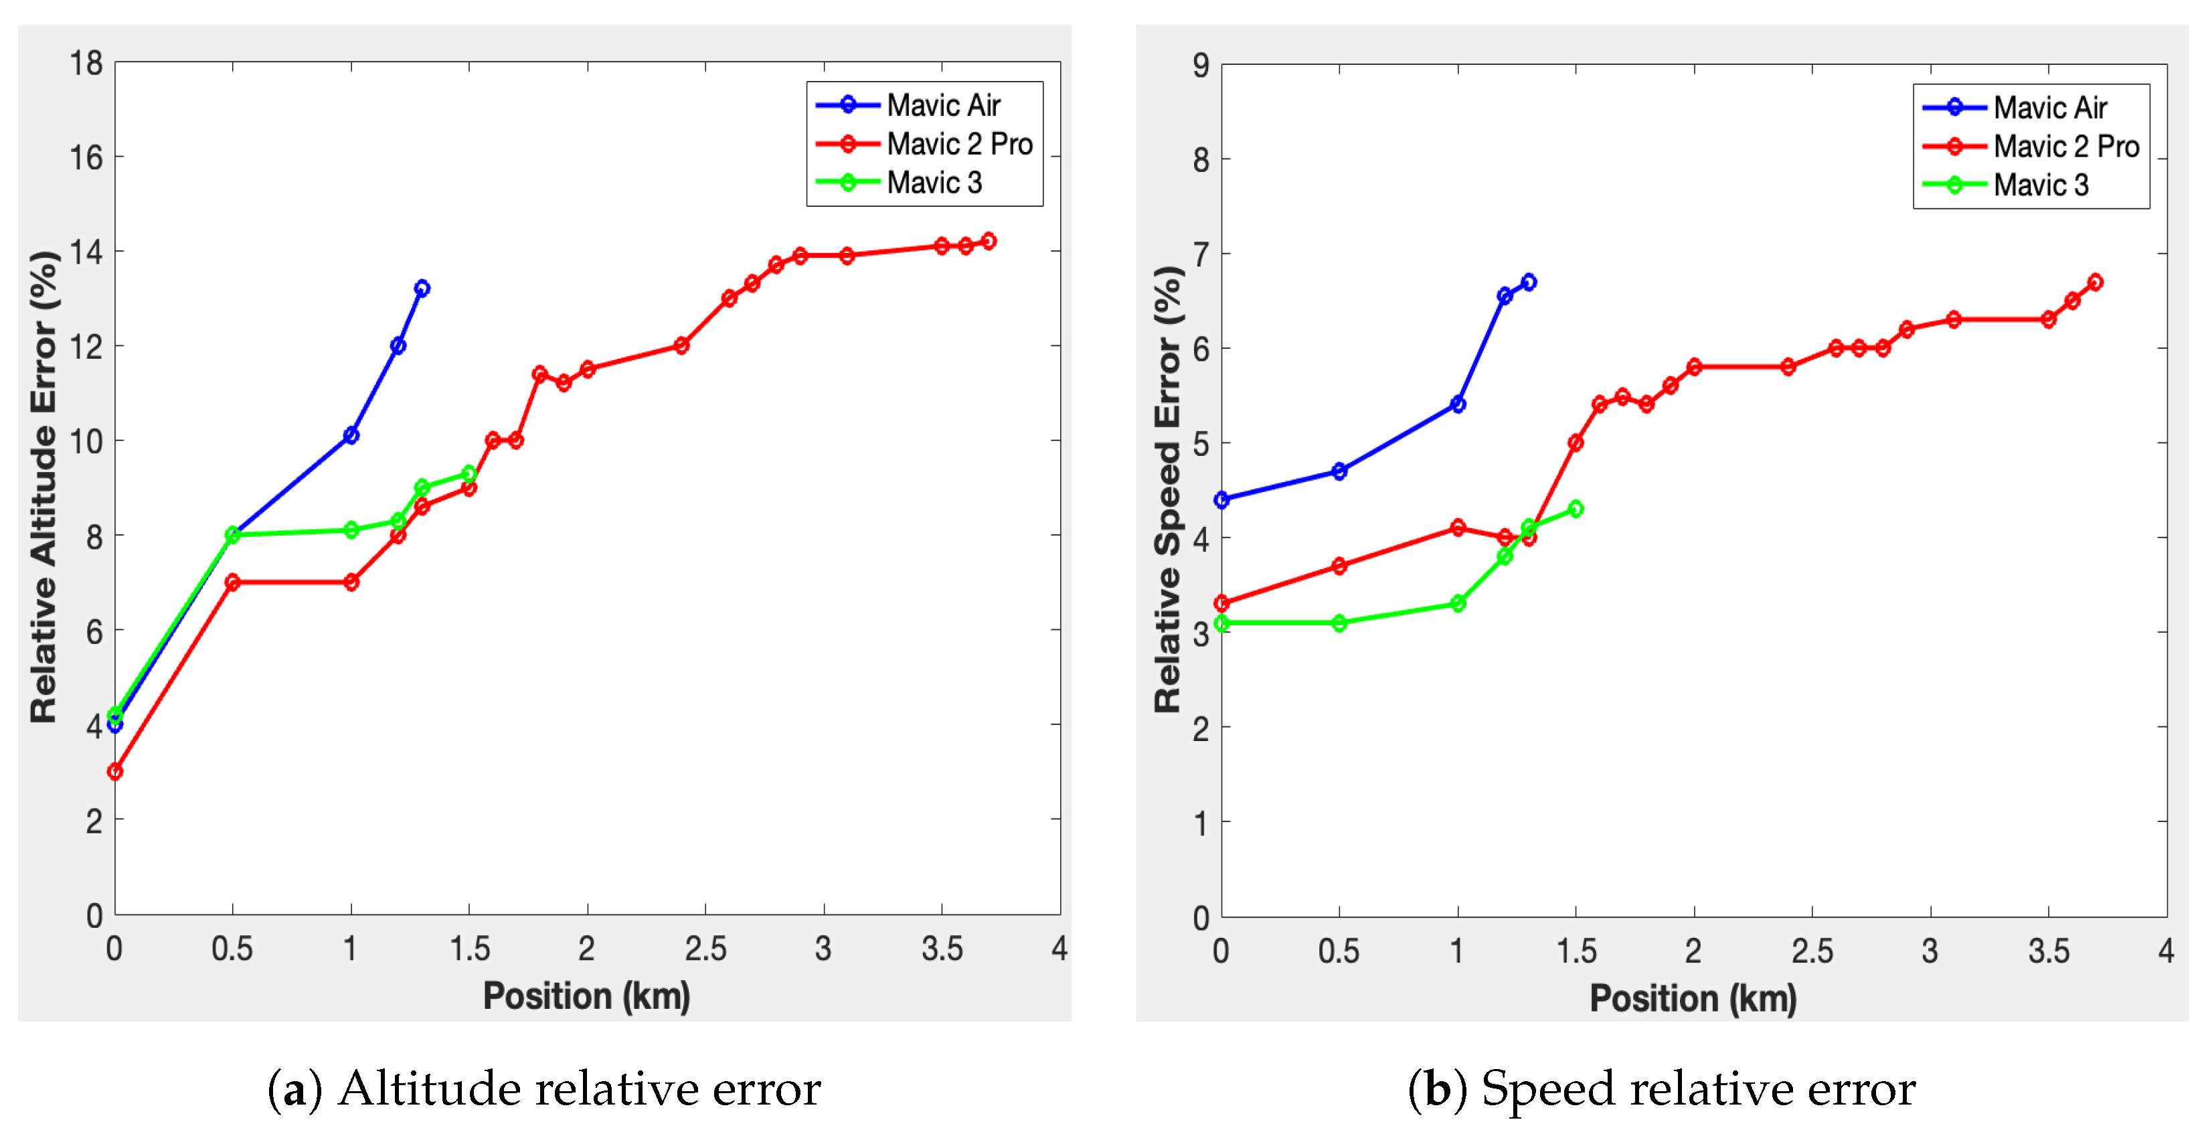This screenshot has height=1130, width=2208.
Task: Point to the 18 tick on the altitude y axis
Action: [x=86, y=64]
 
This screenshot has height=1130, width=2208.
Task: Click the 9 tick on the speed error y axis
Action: [x=1200, y=66]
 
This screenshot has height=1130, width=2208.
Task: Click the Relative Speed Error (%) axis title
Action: [x=1167, y=489]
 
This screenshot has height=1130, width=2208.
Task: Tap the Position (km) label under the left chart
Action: [x=586, y=996]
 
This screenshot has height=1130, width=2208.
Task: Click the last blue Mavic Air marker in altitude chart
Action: [x=422, y=288]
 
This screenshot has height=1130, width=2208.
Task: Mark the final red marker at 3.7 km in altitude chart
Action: [x=989, y=241]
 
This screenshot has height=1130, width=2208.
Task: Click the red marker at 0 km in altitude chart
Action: [x=115, y=772]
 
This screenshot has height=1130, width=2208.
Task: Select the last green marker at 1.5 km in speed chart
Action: [x=1576, y=508]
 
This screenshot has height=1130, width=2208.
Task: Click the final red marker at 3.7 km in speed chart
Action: [x=2095, y=282]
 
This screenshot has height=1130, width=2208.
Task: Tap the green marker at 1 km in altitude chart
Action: [x=351, y=530]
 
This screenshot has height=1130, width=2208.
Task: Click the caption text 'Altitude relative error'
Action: [x=580, y=1089]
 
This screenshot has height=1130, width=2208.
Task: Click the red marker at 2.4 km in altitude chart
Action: [x=681, y=345]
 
